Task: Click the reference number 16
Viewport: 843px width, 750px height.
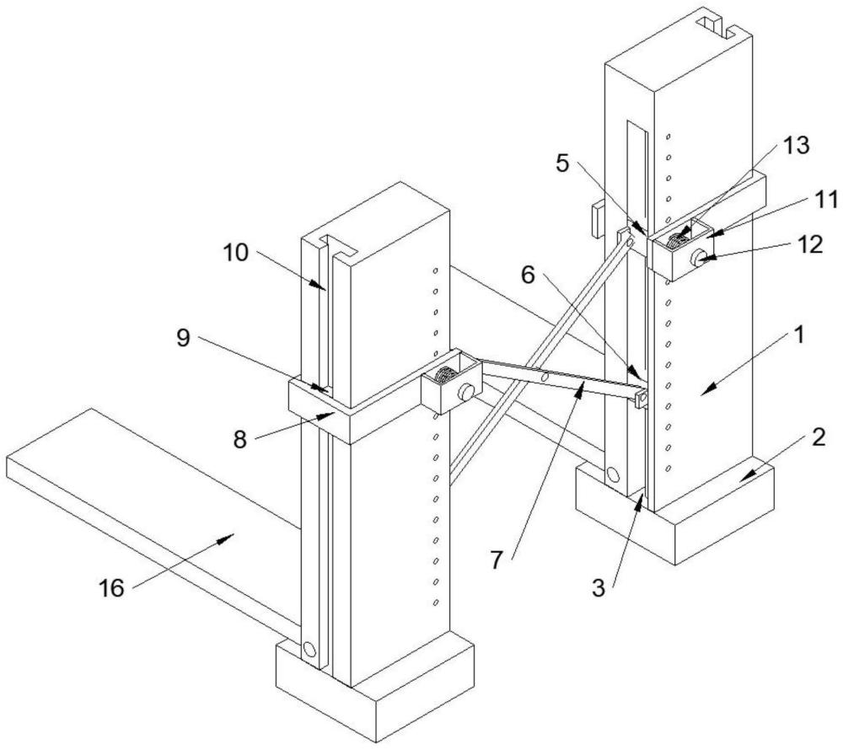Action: tap(112, 587)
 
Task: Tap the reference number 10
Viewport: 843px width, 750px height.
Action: tap(235, 252)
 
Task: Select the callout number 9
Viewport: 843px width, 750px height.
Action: tap(184, 338)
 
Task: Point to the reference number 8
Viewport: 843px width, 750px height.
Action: tap(239, 440)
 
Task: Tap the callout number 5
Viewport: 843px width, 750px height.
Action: tap(562, 163)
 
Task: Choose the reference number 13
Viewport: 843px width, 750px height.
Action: tap(796, 145)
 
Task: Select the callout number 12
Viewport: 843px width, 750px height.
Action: tap(810, 245)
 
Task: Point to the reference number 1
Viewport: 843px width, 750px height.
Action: tap(800, 336)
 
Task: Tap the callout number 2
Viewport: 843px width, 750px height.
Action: tap(818, 438)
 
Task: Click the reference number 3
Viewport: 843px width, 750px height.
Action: tap(599, 587)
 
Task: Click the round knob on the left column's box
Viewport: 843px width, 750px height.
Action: tap(465, 393)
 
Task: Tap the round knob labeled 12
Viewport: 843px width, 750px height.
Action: tap(699, 259)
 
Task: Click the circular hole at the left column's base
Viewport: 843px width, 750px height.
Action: tap(309, 650)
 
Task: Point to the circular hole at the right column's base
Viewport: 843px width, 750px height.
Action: tap(612, 474)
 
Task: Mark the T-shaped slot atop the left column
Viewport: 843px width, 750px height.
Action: tap(338, 244)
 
